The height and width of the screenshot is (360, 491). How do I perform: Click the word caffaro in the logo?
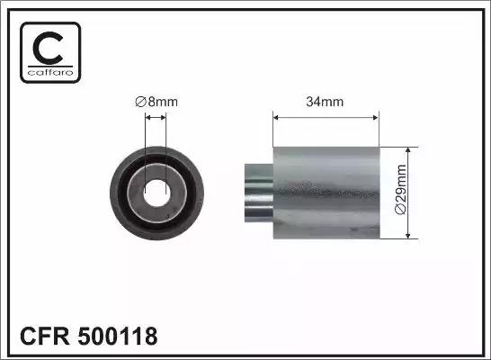[x=50, y=73]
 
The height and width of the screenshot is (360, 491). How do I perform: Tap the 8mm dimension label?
[x=156, y=102]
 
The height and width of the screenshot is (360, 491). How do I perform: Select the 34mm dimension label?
[x=325, y=102]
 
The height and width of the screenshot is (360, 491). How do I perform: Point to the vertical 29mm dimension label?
[x=401, y=189]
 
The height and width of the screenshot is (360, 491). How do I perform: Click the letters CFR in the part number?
[x=45, y=336]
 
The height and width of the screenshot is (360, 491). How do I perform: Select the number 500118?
[x=118, y=336]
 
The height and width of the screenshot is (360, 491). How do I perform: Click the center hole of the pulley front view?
[x=156, y=193]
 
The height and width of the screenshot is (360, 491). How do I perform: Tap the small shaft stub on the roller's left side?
[x=259, y=193]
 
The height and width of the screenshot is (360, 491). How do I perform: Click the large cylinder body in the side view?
[x=326, y=193]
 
